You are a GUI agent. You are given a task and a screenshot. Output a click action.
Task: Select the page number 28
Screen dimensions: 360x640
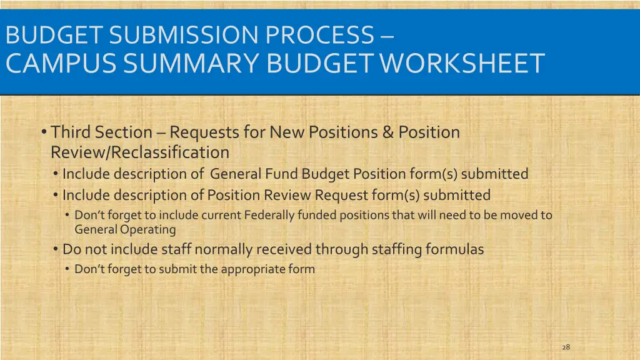[566, 347]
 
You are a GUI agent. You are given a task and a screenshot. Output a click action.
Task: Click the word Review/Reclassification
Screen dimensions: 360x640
[140, 152]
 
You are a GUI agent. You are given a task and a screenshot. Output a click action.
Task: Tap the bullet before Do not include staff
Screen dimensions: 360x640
[56, 249]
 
